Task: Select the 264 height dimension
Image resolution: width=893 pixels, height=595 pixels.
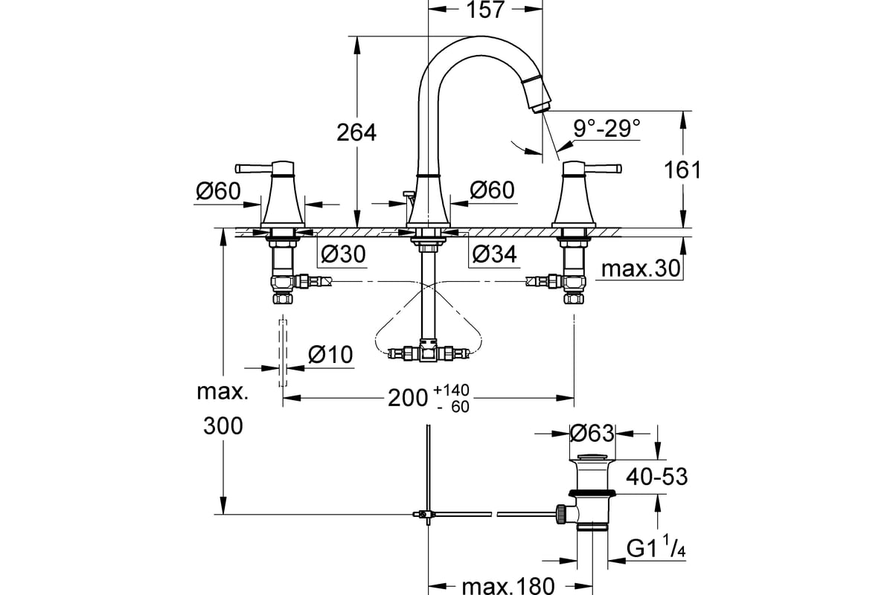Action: (356, 132)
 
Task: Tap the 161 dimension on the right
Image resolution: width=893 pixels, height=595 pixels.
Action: (682, 170)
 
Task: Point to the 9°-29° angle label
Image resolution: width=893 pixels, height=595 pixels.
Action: (607, 129)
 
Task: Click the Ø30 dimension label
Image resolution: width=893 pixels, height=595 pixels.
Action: (343, 255)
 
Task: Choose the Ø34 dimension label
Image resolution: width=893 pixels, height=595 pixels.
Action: (493, 255)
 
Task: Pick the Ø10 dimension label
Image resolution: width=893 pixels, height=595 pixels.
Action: (330, 356)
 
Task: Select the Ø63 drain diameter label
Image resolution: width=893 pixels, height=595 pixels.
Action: (591, 432)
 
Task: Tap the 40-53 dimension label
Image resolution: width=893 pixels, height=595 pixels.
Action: (655, 476)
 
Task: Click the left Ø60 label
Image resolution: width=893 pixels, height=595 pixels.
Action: (218, 191)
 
